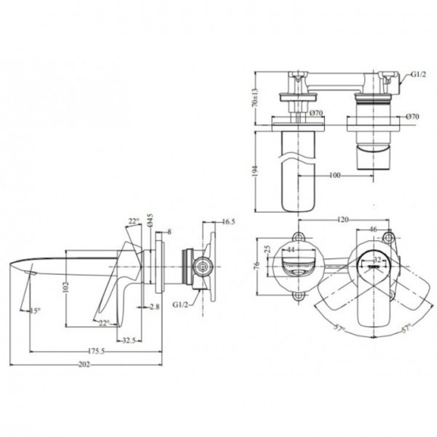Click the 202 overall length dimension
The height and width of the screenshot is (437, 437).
coord(84,365)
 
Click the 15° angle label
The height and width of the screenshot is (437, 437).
coord(35,311)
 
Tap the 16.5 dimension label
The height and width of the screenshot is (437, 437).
coord(228,222)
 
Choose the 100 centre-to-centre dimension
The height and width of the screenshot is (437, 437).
coord(335,176)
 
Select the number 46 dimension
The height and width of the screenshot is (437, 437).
coord(373,228)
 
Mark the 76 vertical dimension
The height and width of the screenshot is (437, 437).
coord(257,265)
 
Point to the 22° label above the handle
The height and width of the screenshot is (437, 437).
coord(133,222)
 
